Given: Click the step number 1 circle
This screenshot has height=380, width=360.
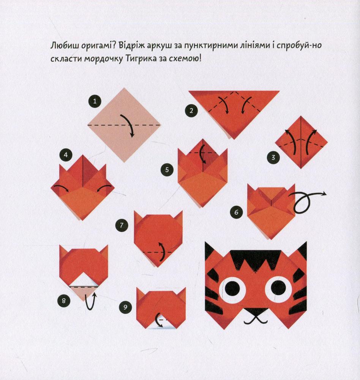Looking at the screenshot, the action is click(x=95, y=101).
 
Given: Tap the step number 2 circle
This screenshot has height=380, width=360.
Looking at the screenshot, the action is click(x=191, y=111).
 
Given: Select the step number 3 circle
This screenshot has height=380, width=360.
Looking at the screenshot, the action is click(x=273, y=158).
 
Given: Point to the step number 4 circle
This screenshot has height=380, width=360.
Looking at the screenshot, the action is click(x=66, y=155).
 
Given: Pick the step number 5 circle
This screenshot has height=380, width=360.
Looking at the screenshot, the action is click(x=167, y=169).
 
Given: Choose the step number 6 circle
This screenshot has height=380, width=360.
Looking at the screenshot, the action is click(x=236, y=212).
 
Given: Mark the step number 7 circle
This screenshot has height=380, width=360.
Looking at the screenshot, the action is click(x=122, y=225).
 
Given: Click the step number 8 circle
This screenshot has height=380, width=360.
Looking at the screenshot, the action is click(x=64, y=301).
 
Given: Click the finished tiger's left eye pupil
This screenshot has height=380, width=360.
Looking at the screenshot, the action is click(x=232, y=288).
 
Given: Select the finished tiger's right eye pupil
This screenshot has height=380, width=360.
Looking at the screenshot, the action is click(x=278, y=288).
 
